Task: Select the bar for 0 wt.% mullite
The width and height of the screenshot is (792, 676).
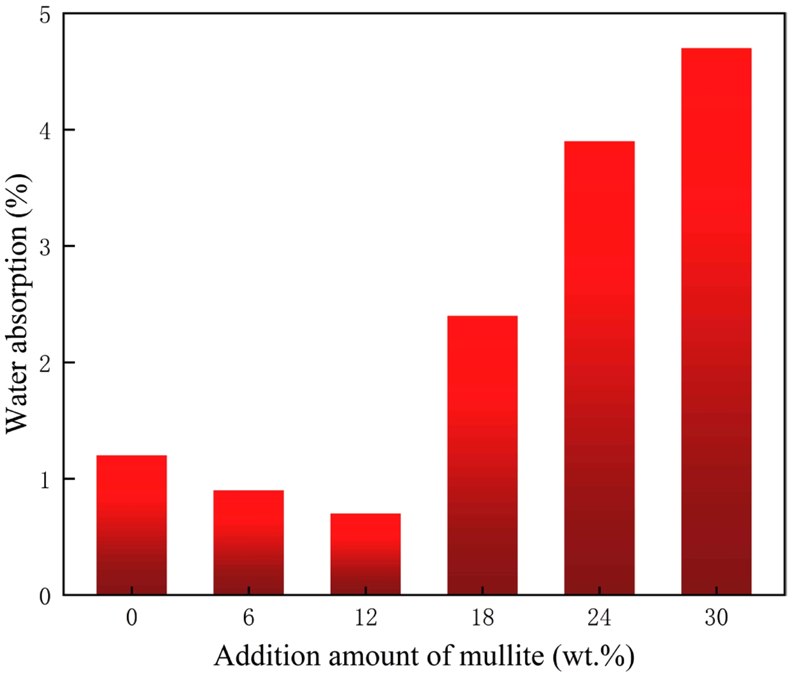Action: coord(132,525)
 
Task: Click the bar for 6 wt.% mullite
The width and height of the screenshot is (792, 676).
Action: coord(248,542)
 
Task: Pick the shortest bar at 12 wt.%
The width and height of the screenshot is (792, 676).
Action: coord(366,554)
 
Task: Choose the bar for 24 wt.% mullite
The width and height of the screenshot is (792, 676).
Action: coord(599,368)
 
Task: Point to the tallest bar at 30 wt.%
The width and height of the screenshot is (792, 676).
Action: coord(716,321)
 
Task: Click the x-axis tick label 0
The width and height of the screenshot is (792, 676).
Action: coord(132,618)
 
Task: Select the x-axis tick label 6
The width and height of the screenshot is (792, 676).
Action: coord(248,618)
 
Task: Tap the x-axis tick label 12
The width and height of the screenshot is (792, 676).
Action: coord(366,618)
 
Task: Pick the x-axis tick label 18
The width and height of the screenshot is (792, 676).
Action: coord(482,618)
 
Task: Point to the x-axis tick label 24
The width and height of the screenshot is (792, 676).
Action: coord(599,618)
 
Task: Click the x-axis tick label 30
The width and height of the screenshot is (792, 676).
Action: coord(716,618)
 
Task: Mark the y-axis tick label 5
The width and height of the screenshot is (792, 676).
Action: coord(45,15)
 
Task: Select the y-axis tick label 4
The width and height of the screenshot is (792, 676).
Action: coord(45,130)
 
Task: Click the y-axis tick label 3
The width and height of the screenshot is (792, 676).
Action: coord(45,247)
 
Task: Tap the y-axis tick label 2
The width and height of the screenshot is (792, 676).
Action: coord(45,363)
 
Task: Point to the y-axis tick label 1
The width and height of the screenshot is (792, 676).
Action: coord(45,479)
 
